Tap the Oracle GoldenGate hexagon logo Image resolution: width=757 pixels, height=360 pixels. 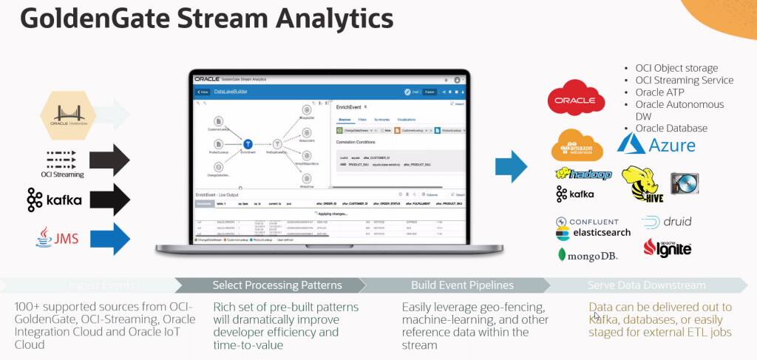coord(68,115)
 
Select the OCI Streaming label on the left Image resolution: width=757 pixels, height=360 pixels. coord(63,174)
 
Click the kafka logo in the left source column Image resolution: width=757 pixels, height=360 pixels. coord(55,200)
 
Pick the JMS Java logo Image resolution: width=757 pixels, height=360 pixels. coord(58,237)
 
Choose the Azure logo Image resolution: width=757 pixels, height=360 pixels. coord(656,143)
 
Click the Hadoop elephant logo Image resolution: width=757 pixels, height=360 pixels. coord(584,174)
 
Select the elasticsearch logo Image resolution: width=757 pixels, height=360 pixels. coord(593,232)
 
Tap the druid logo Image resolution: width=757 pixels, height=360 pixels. coord(667,222)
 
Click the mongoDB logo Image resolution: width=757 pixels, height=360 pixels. coord(588,255)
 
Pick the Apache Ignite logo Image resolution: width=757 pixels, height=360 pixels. coord(668,248)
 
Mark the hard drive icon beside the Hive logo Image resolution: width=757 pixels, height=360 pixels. coord(685,184)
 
